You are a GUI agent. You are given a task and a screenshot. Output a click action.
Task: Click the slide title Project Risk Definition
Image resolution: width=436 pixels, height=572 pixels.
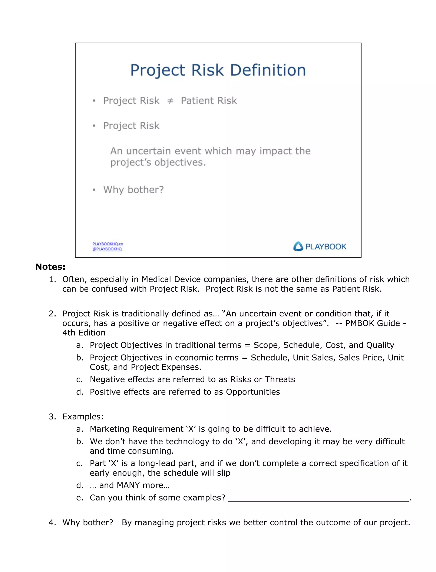click(x=218, y=70)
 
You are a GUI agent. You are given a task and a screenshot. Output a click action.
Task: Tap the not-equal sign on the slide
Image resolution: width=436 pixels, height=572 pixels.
click(x=170, y=101)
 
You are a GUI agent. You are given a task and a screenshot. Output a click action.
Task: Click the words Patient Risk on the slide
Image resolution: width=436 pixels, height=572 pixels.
click(x=209, y=101)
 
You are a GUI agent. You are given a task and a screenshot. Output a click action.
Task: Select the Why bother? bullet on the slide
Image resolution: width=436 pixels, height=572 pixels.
click(x=133, y=190)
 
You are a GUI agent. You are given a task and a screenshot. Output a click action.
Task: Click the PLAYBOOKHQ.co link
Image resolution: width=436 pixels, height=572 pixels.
click(x=108, y=244)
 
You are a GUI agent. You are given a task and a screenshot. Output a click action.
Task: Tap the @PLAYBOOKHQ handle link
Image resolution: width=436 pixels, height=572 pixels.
click(x=107, y=249)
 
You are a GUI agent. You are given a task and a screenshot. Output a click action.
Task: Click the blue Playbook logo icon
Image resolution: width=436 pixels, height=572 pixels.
click(x=298, y=246)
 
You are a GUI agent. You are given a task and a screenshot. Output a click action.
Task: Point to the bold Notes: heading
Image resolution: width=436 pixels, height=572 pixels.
click(x=50, y=267)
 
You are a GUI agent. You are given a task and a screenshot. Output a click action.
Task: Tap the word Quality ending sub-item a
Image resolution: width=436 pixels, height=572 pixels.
click(x=380, y=345)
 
